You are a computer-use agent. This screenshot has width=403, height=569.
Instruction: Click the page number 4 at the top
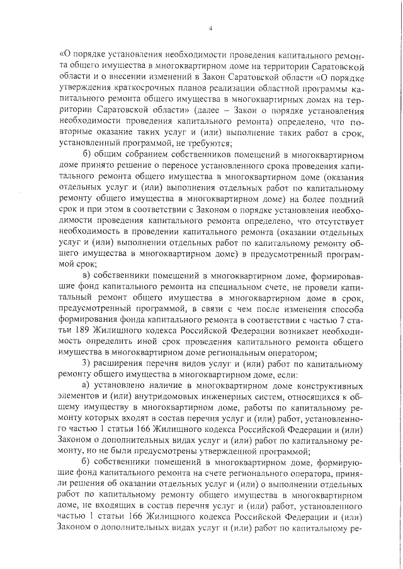pos(210,28)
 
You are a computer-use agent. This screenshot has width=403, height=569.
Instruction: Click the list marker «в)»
pos(88,275)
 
